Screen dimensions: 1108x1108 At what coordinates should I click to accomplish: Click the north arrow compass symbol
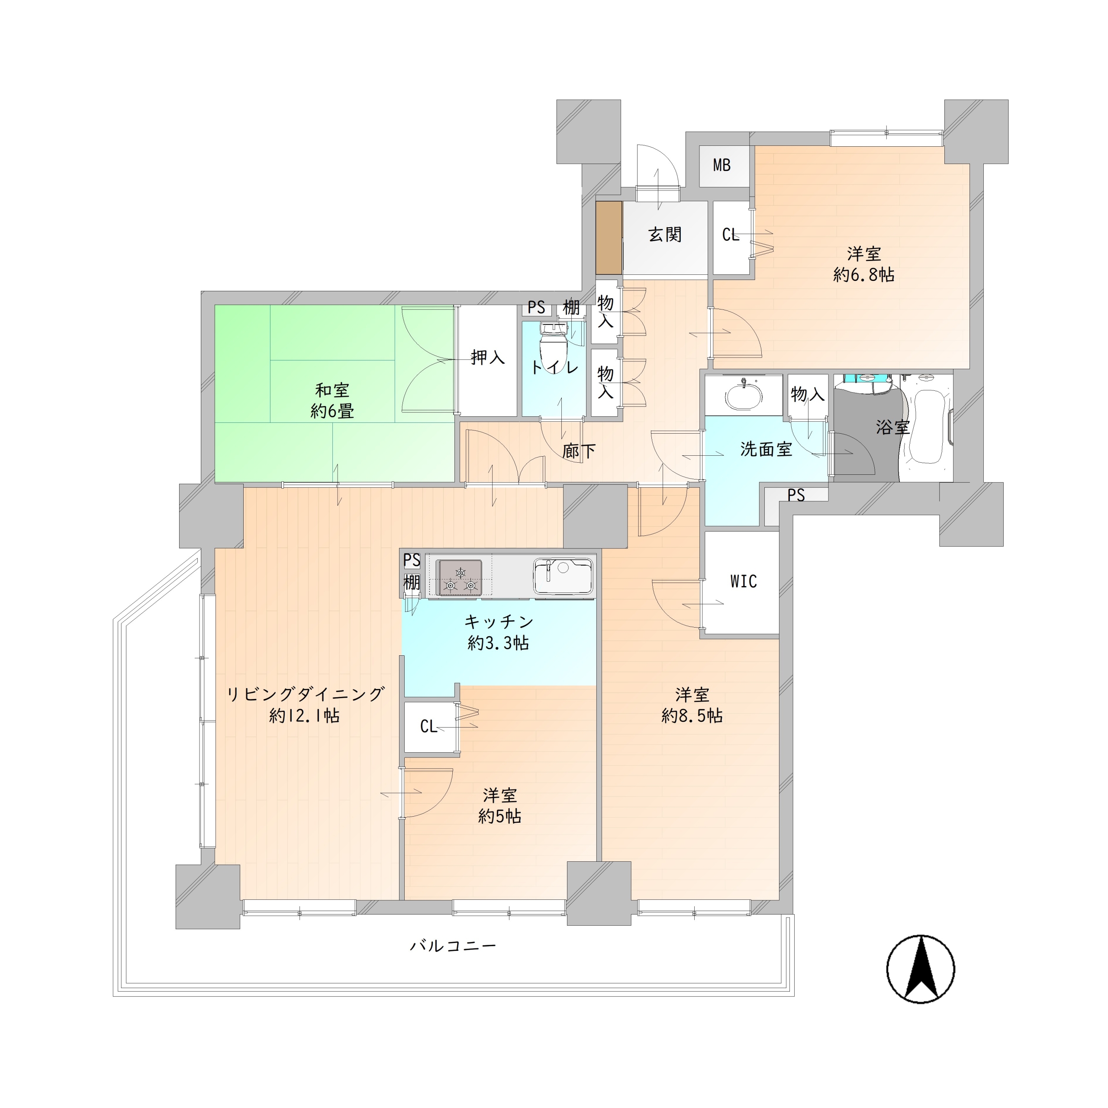click(x=921, y=969)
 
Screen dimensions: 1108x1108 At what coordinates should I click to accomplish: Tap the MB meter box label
click(x=721, y=165)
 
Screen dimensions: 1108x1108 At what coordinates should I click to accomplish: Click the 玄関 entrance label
click(x=665, y=235)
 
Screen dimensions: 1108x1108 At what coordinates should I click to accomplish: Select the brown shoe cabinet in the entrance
click(x=609, y=238)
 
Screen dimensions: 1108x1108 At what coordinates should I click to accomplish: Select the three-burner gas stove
click(x=459, y=577)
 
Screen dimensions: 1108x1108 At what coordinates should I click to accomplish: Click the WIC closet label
click(x=743, y=582)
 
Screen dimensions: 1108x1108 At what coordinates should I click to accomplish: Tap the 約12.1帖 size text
click(x=305, y=716)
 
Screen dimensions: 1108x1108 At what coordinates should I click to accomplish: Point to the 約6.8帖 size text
click(x=864, y=275)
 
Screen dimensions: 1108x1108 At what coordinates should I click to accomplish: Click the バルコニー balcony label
click(x=453, y=946)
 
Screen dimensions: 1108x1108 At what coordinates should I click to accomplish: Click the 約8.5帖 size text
click(x=692, y=716)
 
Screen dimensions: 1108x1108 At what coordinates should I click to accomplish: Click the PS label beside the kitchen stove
click(x=412, y=560)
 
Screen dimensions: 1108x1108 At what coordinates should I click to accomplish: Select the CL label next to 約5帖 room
click(x=429, y=727)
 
